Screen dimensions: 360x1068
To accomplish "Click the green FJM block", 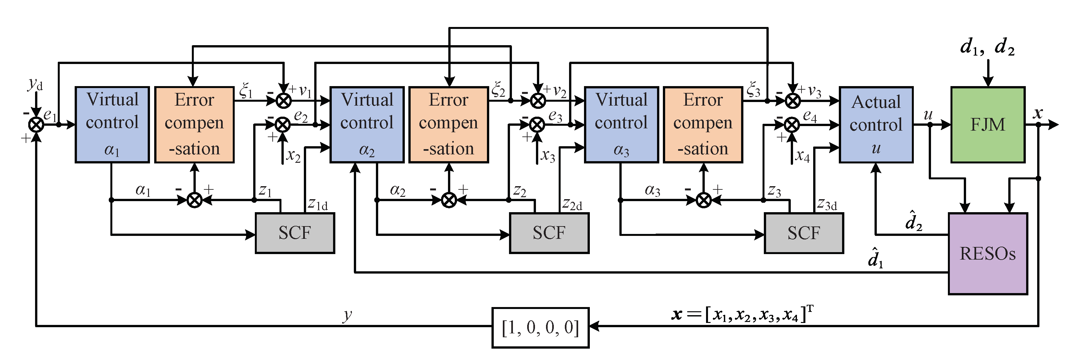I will point(987,124).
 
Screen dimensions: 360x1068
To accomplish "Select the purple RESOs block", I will point(987,253).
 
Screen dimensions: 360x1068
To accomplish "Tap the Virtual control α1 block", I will point(112,124).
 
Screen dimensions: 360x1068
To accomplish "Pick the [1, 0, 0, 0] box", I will point(540,328).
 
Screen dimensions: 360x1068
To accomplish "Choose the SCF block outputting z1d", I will point(295,233).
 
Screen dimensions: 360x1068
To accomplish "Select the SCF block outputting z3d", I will point(803,233).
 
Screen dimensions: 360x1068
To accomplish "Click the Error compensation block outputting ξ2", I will point(449,124).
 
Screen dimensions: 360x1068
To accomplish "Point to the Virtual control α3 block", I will point(621,124).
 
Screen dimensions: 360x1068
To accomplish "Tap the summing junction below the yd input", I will point(36,124).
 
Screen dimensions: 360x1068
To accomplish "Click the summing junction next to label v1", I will point(284,100).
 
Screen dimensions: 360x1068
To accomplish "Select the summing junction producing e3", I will point(537,124).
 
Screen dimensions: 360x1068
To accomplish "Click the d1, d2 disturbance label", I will point(987,47).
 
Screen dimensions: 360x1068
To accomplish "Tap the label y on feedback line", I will point(347,315).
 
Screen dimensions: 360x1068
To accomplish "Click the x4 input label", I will point(802,156).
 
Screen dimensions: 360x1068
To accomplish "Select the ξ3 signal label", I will point(753,90).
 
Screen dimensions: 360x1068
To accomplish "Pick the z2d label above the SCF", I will point(572,204).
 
